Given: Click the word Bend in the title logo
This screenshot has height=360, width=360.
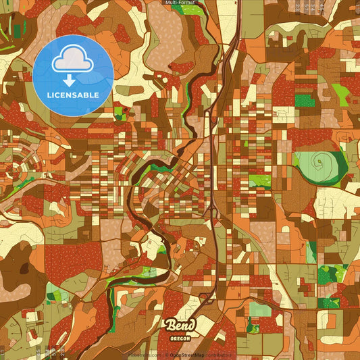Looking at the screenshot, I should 180,325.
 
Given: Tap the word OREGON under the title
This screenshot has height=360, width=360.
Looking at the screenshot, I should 180,336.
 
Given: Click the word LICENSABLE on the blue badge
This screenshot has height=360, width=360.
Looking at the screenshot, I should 73,95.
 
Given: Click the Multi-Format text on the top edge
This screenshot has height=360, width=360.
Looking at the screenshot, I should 180,3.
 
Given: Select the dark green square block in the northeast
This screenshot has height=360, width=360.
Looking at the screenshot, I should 305,101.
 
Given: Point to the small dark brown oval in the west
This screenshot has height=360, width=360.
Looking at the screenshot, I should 24,268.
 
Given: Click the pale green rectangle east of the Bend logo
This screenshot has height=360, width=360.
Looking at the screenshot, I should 260,310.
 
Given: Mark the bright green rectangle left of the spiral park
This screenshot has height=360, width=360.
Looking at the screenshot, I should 259,180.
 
